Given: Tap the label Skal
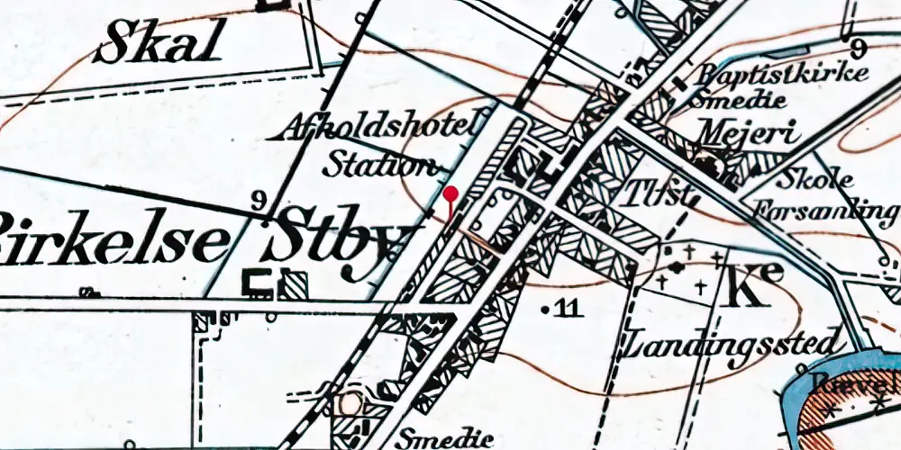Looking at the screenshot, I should point(159,43).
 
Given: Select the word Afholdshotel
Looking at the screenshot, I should point(378,129).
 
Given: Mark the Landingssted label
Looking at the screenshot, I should point(735,344).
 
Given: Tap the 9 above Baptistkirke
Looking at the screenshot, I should point(857,47).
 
